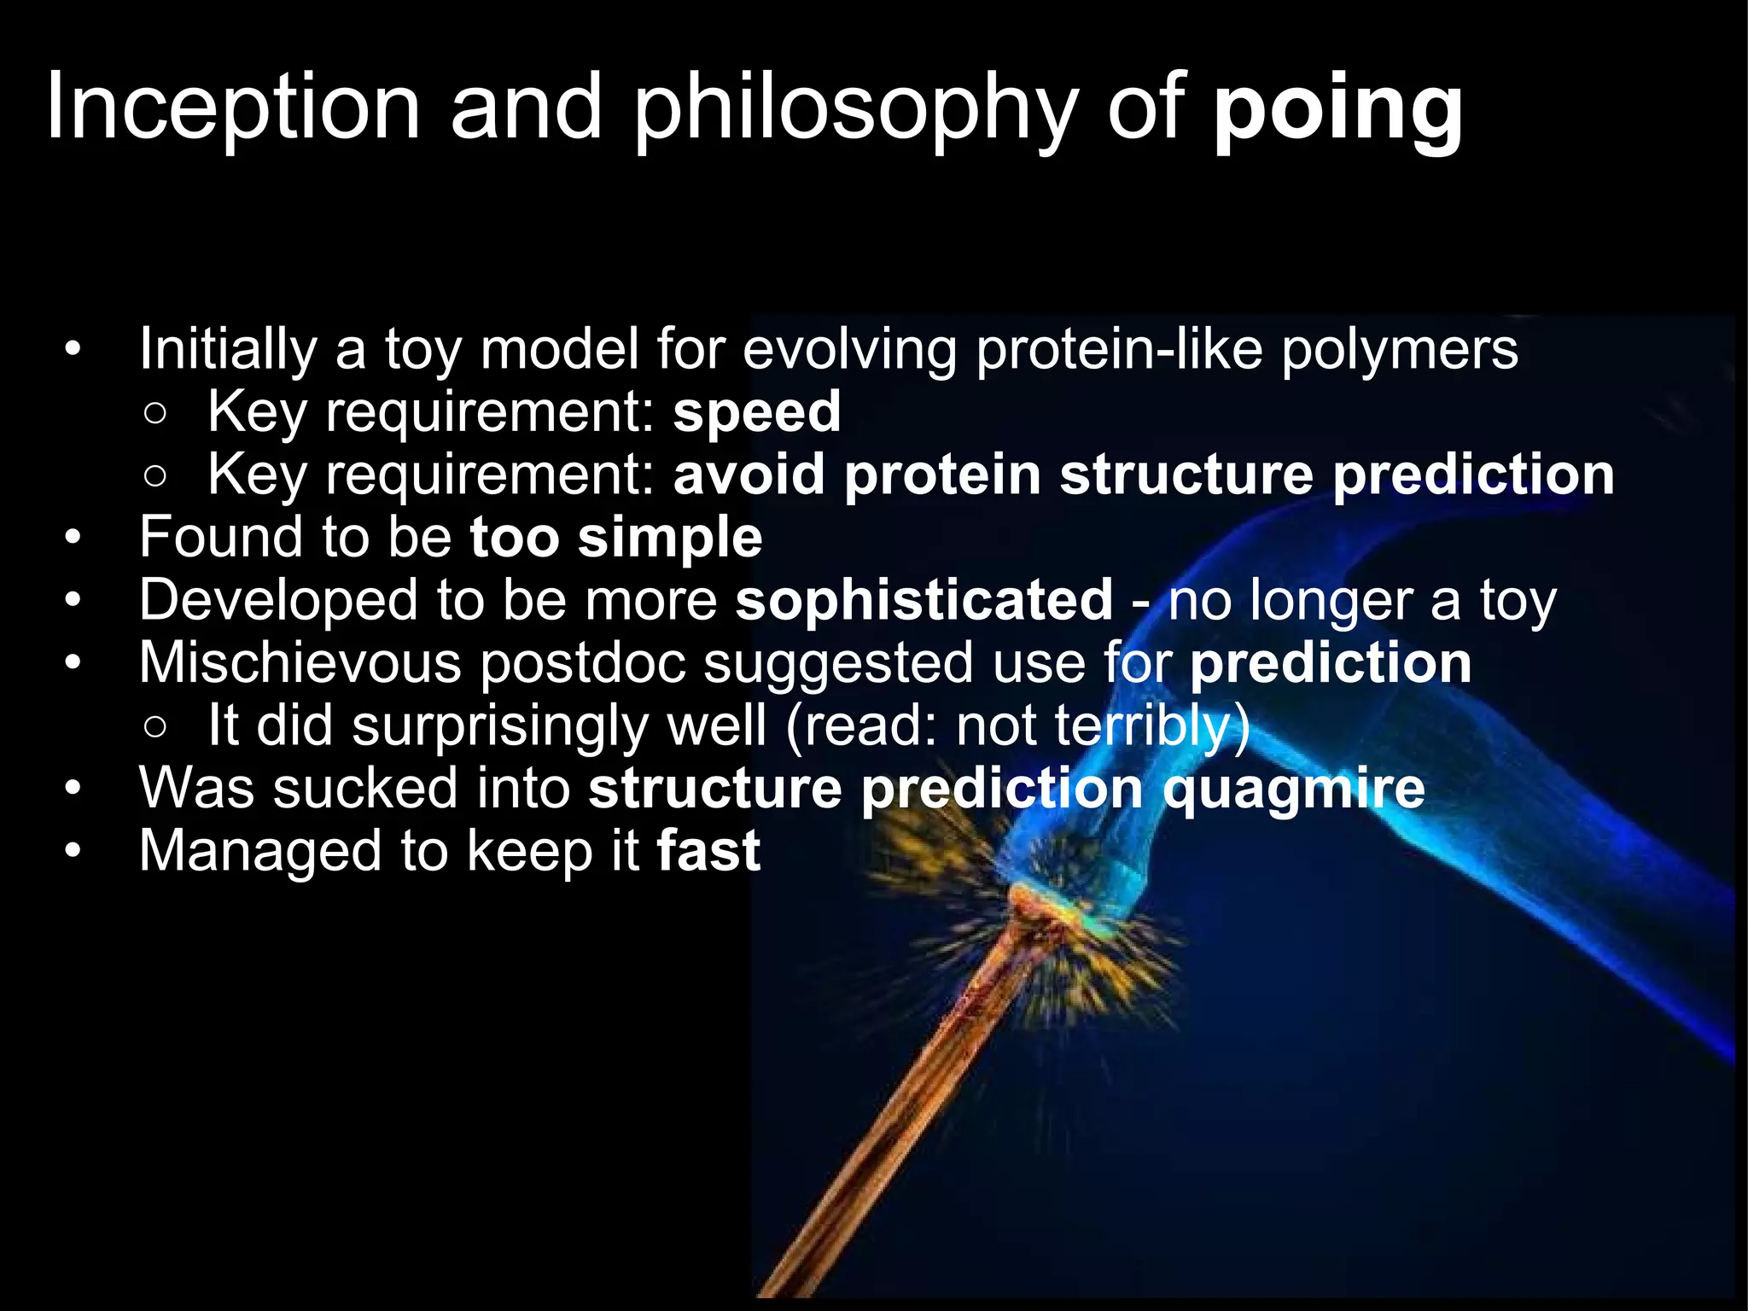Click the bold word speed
click(756, 412)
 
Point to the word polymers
click(1399, 350)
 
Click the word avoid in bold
click(749, 475)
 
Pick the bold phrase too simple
click(615, 538)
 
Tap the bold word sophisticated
click(924, 600)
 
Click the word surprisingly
click(499, 726)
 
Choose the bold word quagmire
click(1293, 789)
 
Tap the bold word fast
click(708, 851)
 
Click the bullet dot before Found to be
click(73, 539)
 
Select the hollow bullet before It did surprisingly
click(154, 726)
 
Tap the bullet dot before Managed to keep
click(73, 852)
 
